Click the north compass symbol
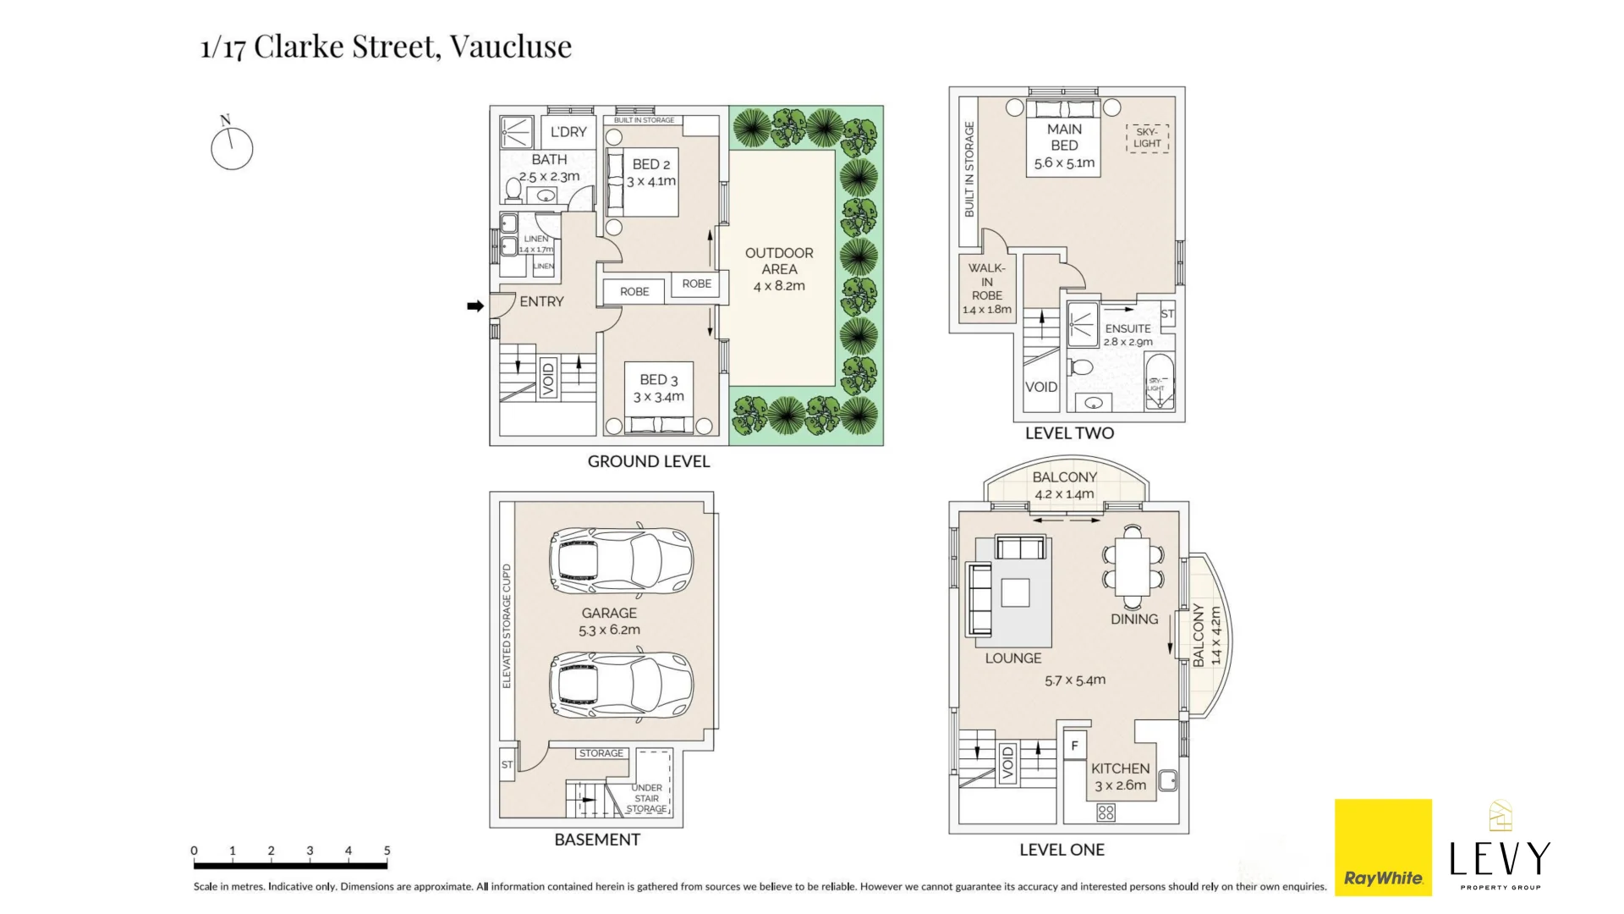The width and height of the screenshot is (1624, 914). pyautogui.click(x=231, y=148)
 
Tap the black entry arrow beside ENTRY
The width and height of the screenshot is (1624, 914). pyautogui.click(x=475, y=306)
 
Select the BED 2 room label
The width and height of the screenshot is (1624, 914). pyautogui.click(x=650, y=172)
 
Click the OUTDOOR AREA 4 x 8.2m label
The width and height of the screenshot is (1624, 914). pyautogui.click(x=779, y=269)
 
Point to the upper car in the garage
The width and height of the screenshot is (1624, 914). pyautogui.click(x=620, y=560)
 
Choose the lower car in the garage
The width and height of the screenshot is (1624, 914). pyautogui.click(x=620, y=684)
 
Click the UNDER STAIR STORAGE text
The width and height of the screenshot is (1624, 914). pyautogui.click(x=647, y=798)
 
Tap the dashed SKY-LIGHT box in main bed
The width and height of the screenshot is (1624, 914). pyautogui.click(x=1147, y=138)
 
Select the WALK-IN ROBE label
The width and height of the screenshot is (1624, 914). pyautogui.click(x=986, y=288)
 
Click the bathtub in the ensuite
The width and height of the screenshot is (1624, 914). pyautogui.click(x=1159, y=382)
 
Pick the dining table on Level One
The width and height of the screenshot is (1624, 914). pyautogui.click(x=1132, y=566)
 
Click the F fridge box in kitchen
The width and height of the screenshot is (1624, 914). pyautogui.click(x=1074, y=745)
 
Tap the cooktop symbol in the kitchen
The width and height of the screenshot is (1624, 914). pyautogui.click(x=1106, y=812)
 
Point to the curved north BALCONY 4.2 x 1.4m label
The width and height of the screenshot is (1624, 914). pyautogui.click(x=1064, y=485)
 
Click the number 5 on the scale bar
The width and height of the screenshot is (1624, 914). pyautogui.click(x=387, y=851)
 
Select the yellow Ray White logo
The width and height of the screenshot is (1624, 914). pyautogui.click(x=1383, y=847)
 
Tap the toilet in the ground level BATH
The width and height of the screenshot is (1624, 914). pyautogui.click(x=513, y=190)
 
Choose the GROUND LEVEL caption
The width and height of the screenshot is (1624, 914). pyautogui.click(x=648, y=461)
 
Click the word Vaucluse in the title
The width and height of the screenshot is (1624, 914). pyautogui.click(x=510, y=46)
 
